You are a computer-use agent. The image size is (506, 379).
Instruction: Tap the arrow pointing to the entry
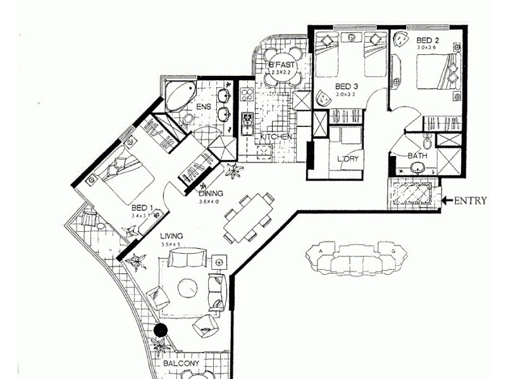447,201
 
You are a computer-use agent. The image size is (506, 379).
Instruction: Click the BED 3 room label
347,86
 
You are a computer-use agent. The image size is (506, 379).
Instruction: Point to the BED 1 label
142,207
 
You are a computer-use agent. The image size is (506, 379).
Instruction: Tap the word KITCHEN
276,136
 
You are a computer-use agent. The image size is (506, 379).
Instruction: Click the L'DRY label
347,159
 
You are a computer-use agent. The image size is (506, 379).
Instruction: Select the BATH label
416,155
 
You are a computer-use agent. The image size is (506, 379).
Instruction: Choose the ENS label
203,107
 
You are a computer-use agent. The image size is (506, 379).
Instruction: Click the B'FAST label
280,65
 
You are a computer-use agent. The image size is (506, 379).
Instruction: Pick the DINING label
211,194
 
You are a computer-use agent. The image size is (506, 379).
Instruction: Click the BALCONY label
182,364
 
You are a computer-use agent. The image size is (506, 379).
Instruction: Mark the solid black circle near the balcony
161,329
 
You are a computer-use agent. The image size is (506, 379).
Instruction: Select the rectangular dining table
247,217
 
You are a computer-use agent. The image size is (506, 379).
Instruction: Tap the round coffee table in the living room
188,288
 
